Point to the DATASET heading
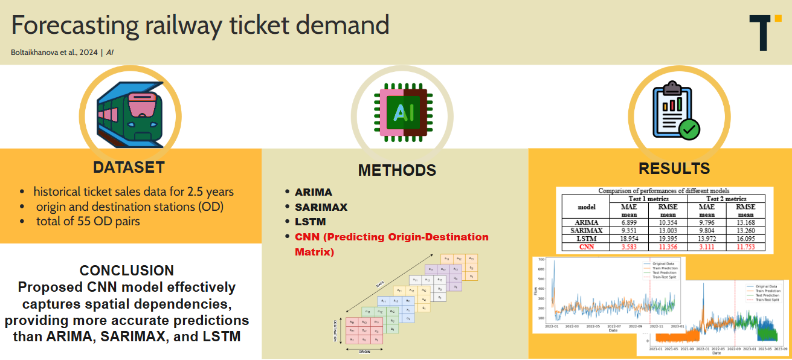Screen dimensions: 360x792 tap(129, 167)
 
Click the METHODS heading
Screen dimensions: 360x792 tap(397, 170)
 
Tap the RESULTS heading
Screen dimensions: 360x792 tap(674, 169)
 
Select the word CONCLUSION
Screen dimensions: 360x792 tap(127, 270)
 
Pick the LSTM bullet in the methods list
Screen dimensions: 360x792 tap(311, 222)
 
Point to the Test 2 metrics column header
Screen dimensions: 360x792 tap(726, 199)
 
